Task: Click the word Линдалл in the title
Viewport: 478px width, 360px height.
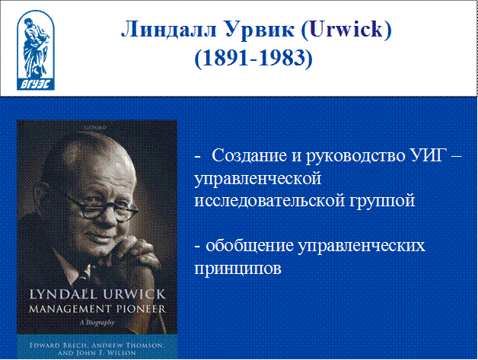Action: [x=170, y=30]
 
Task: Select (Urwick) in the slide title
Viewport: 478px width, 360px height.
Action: [x=346, y=30]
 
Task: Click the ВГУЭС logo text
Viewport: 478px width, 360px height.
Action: [x=36, y=84]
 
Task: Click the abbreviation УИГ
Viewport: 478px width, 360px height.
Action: [x=426, y=155]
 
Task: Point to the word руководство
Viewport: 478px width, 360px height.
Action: [x=355, y=156]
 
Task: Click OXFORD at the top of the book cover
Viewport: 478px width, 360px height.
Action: [x=96, y=128]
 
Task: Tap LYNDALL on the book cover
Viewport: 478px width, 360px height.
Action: [x=63, y=294]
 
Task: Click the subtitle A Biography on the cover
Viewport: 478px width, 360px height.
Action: [x=97, y=322]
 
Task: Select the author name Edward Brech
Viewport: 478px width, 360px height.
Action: [x=59, y=346]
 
